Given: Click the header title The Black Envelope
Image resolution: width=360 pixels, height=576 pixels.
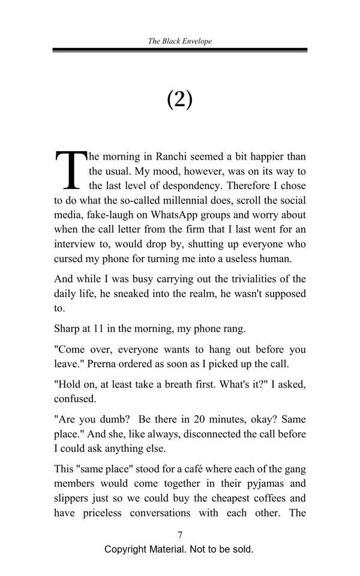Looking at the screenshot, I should point(179,41).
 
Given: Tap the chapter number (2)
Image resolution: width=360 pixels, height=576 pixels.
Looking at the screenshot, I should point(179,99).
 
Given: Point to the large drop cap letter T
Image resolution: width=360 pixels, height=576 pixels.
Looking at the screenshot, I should point(70,169).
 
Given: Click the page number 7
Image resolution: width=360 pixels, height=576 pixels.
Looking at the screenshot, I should point(179,535).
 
